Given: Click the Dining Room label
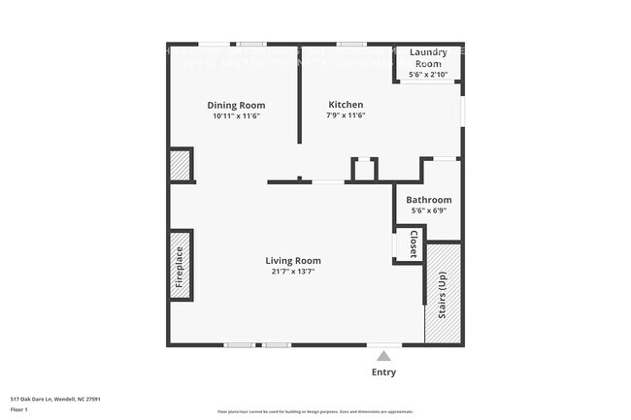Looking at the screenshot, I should pos(236,105).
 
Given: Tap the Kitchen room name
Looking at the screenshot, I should pos(346,105).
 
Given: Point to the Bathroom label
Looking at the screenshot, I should pos(428,201).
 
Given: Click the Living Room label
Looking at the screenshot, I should pos(293,260).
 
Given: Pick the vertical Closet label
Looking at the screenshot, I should pos(413,243).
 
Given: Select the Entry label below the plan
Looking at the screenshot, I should pos(383,372).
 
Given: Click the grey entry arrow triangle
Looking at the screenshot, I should pos(383,356).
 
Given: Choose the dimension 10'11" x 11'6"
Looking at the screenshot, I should pos(236,116).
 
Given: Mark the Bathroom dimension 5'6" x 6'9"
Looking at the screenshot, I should pos(428,211).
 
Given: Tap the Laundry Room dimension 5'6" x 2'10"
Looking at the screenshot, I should pos(427,74).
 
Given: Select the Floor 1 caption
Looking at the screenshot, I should pos(20,410).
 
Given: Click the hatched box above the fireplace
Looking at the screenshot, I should pos(182,165).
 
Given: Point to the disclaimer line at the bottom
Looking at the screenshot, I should pos(315,412).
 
